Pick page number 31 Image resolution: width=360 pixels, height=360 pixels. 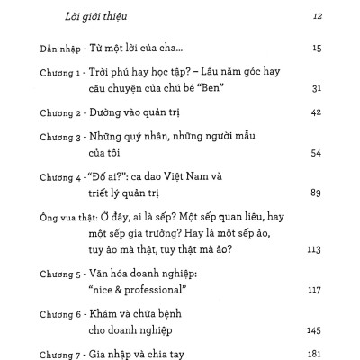pyautogui.click(x=316, y=87)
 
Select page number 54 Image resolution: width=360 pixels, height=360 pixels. pyautogui.click(x=316, y=153)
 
